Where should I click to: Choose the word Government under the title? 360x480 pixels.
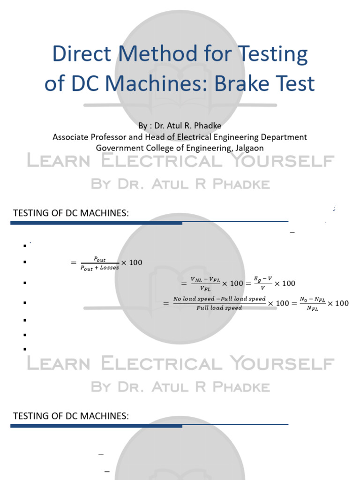[x=119, y=148]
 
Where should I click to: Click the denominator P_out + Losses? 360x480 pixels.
[x=100, y=268]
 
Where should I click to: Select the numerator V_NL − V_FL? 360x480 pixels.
[x=204, y=280]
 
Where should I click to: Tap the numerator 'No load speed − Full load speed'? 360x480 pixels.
[x=219, y=299]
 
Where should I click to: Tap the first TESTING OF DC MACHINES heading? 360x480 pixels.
[x=71, y=214]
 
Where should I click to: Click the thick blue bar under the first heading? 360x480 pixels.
[x=96, y=223]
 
